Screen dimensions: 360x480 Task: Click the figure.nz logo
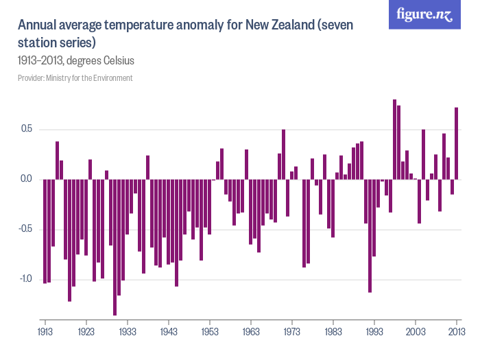(x=424, y=14)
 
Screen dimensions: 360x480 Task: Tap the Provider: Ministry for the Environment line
(x=75, y=78)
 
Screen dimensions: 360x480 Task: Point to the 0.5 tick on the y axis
(x=27, y=130)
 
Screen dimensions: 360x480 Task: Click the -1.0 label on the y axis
(x=25, y=279)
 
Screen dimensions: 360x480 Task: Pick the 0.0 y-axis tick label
(x=27, y=180)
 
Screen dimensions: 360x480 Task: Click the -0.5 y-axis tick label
(x=25, y=229)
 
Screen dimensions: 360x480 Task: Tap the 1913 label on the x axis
(x=45, y=331)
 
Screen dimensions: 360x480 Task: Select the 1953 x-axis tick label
(x=210, y=331)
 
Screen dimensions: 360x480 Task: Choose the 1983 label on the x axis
(x=333, y=331)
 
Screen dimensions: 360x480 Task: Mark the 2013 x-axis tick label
(x=457, y=331)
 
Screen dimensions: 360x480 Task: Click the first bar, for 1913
(x=45, y=231)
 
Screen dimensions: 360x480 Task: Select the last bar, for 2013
(x=457, y=143)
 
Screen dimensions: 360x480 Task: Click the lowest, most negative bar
(x=115, y=247)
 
